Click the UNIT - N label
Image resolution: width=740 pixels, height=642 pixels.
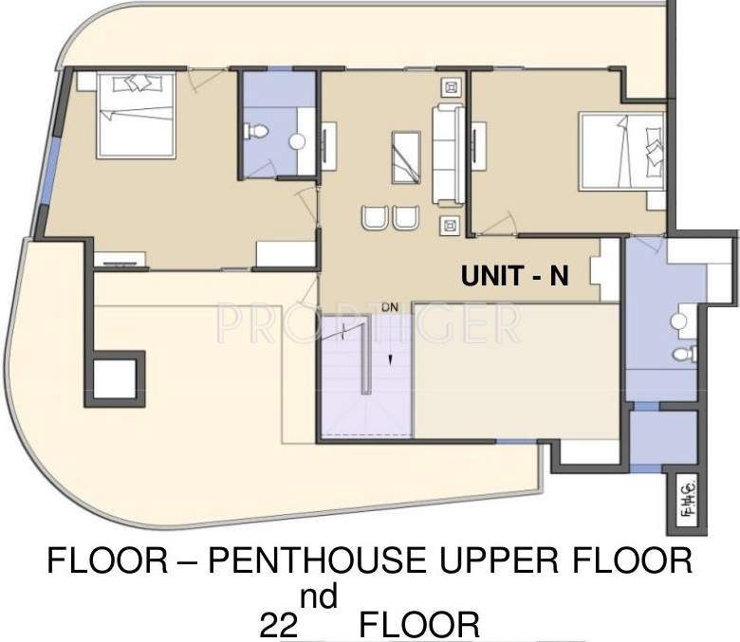click(514, 276)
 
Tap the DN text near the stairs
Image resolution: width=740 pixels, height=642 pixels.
click(389, 307)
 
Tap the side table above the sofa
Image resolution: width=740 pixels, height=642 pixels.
click(448, 86)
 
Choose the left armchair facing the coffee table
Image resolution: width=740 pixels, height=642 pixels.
click(372, 217)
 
